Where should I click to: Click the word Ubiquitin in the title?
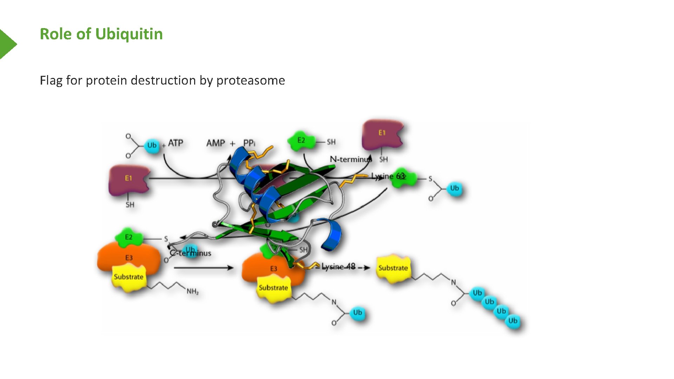(x=129, y=34)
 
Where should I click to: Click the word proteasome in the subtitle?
(x=250, y=80)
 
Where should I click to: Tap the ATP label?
(x=176, y=143)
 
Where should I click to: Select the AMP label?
(x=216, y=143)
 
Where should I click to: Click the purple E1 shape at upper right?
(x=382, y=135)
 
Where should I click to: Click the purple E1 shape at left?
(x=128, y=180)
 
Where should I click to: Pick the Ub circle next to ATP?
(x=152, y=145)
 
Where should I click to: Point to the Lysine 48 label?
(x=338, y=267)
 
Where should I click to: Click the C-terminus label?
(x=191, y=253)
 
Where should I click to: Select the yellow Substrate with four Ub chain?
(x=393, y=269)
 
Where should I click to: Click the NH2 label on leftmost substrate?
(x=192, y=291)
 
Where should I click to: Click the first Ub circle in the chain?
(x=477, y=293)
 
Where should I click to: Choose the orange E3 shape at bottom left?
(x=128, y=258)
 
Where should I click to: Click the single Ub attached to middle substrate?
(x=357, y=313)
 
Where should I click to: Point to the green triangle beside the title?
(x=7, y=44)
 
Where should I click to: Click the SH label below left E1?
(x=130, y=205)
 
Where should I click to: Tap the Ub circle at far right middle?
(x=454, y=188)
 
